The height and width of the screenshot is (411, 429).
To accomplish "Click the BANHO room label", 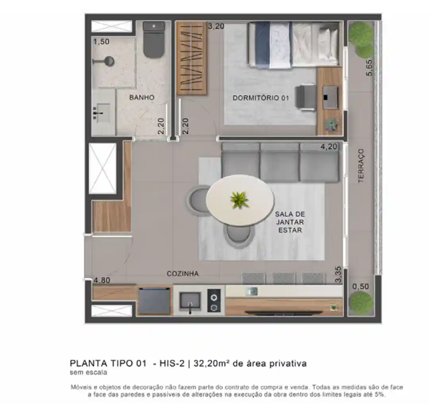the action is tap(142, 97).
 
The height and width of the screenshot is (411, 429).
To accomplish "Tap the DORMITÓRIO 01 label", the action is tap(261, 98).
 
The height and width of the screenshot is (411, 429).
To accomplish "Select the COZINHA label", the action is tap(183, 274).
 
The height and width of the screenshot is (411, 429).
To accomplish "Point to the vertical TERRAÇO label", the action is tap(361, 166).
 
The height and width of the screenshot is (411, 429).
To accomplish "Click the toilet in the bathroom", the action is tap(154, 39).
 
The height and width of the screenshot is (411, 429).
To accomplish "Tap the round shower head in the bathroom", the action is tap(110, 61).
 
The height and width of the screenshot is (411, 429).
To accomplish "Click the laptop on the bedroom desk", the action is tap(330, 97).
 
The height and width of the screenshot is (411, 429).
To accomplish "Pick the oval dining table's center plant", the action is tap(240, 200).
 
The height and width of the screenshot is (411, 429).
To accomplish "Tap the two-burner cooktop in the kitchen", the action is tap(214, 301).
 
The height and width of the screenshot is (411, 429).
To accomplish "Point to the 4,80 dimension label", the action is tap(102, 280).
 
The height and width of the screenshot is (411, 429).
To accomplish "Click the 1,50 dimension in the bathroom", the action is tap(101, 42).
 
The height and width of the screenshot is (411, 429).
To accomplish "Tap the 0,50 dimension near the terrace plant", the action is tap(361, 287).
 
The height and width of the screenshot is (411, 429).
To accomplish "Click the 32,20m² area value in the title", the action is tap(211, 363).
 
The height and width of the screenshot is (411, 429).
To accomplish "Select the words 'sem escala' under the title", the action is tap(88, 372).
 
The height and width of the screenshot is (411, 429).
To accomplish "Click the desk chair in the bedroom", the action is tap(305, 98).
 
